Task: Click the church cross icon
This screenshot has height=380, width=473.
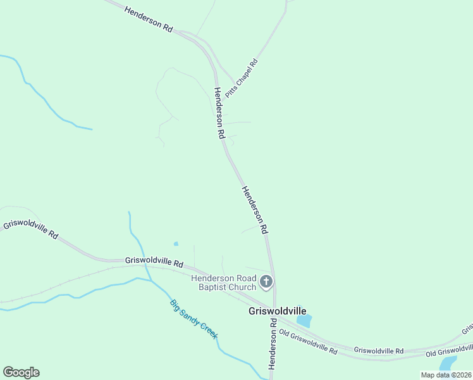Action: point(266,281)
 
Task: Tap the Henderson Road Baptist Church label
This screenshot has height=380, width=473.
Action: point(224,283)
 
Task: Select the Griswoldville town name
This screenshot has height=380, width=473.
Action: point(277,311)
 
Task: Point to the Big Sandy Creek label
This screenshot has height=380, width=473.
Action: point(193,319)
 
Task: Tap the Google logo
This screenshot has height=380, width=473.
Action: point(21,372)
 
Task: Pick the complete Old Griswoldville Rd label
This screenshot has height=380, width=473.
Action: point(308,341)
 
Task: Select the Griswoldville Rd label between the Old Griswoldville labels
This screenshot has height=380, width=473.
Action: point(378,350)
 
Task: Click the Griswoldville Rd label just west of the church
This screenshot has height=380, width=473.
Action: point(154,261)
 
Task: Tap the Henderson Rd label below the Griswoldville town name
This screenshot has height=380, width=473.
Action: point(273,344)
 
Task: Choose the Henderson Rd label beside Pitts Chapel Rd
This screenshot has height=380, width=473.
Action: point(219,113)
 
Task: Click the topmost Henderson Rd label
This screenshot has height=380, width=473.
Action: point(149,20)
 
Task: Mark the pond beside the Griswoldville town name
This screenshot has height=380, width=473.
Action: point(304,320)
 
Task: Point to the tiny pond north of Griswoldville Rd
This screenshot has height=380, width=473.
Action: point(176,244)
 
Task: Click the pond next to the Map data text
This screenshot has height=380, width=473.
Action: point(448,363)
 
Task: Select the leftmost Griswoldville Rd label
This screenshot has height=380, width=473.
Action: point(31,229)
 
